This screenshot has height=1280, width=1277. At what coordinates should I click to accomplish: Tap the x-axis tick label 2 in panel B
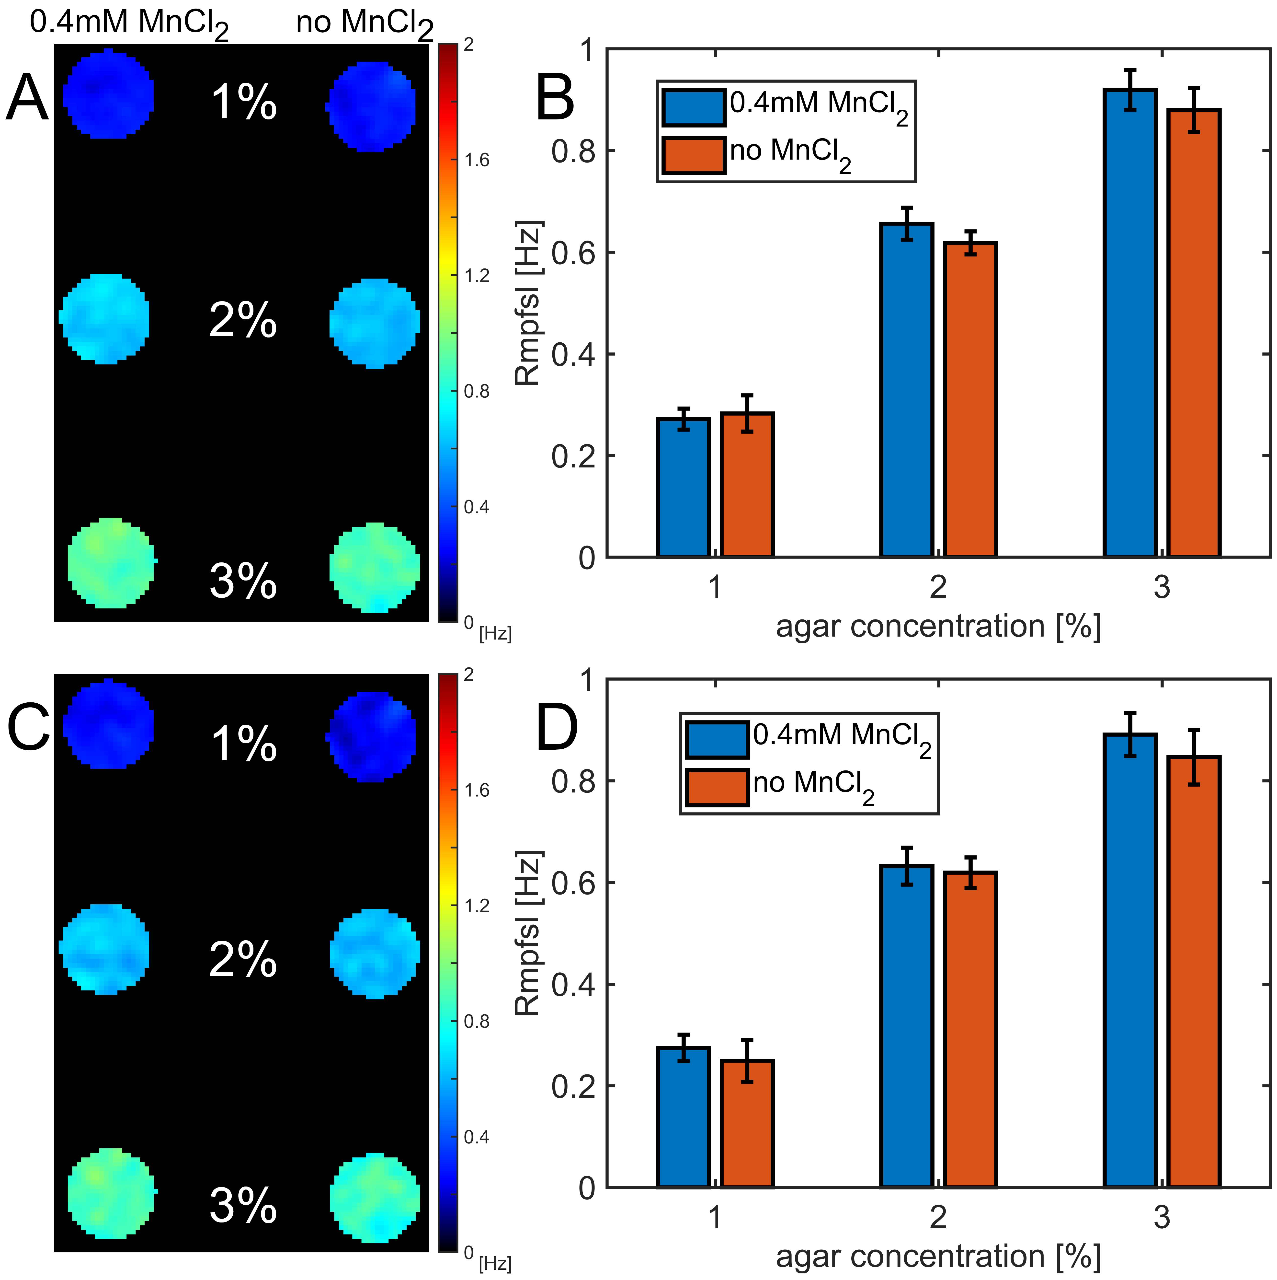[x=938, y=587]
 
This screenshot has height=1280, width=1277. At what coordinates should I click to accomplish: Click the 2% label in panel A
[x=242, y=321]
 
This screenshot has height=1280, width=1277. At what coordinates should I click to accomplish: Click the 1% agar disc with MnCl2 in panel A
[x=109, y=94]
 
